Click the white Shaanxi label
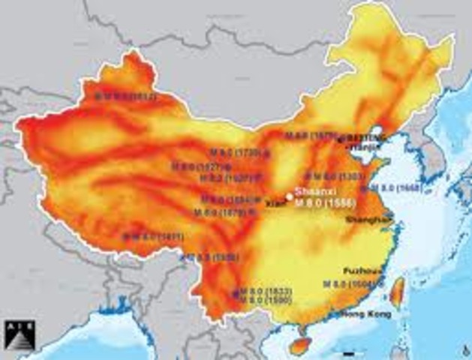click(311, 190)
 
